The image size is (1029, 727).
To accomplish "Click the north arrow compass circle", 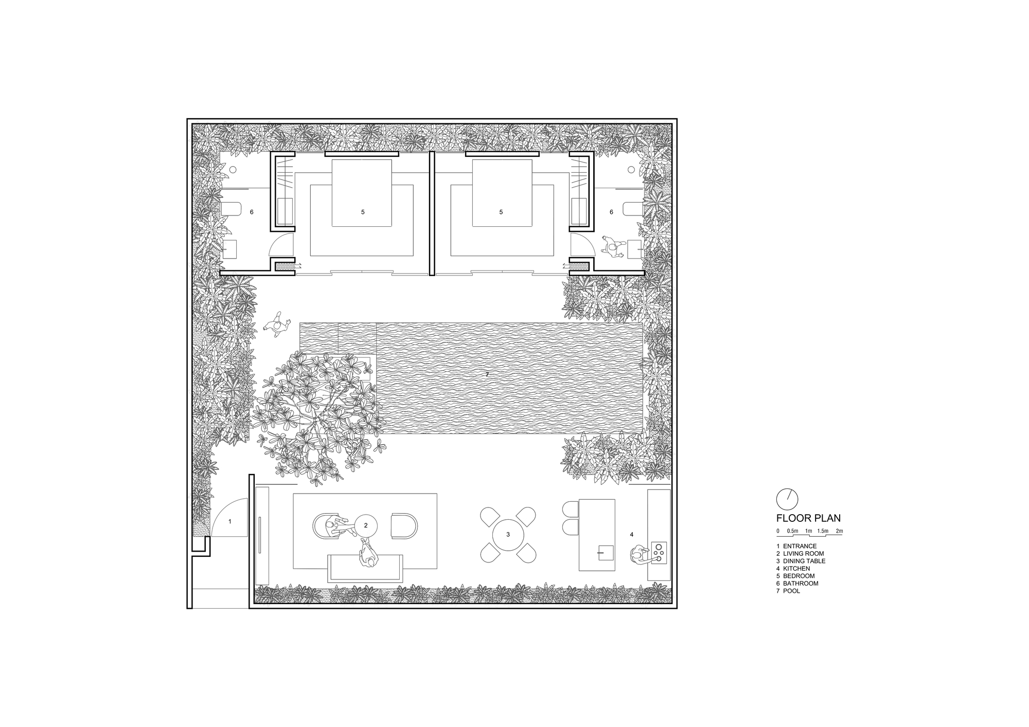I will click(787, 498).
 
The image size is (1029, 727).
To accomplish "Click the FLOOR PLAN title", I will click(808, 519).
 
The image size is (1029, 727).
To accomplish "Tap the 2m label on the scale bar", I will click(839, 531).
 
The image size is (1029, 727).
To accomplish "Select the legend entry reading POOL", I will click(791, 591).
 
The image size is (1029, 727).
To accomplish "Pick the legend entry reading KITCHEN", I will click(796, 569).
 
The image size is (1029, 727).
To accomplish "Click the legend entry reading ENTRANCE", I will click(800, 546).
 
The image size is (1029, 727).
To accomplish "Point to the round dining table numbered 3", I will click(508, 535).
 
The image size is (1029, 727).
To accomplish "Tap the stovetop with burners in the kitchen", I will click(659, 552).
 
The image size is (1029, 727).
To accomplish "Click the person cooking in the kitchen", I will click(638, 554).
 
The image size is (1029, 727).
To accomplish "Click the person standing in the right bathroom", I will click(612, 249).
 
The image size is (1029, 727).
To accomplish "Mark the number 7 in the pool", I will click(487, 375).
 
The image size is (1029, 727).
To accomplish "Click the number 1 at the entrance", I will click(230, 521).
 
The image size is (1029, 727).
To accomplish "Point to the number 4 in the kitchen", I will click(632, 535).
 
